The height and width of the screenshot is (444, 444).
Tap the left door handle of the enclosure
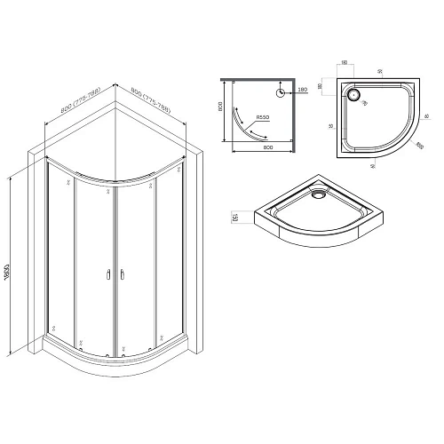(108, 276)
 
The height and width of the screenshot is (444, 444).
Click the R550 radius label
(263, 117)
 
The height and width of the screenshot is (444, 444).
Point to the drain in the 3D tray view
(316, 188)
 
